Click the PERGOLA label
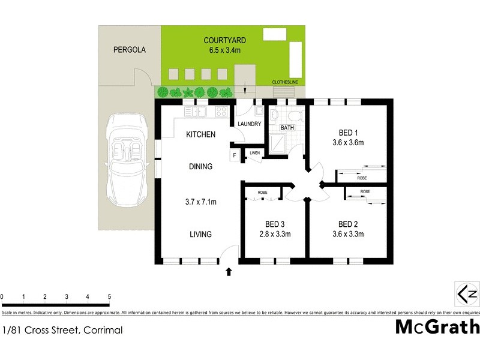tap(130, 50)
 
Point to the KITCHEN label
tap(200, 134)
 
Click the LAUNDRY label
tap(249, 124)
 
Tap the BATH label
tap(287, 127)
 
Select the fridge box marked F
tap(234, 155)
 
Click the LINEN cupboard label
tap(254, 154)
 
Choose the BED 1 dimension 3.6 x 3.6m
tap(349, 143)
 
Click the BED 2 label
tap(348, 223)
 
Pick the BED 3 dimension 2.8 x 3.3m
tap(274, 234)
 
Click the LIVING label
tap(200, 234)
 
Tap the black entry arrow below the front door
tap(228, 272)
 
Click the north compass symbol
tap(467, 294)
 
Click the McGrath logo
tap(437, 327)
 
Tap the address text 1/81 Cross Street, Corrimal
tap(62, 330)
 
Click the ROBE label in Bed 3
tap(263, 193)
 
